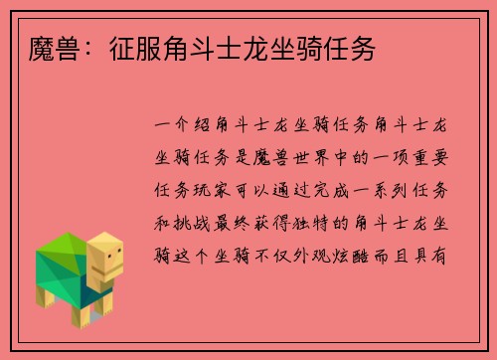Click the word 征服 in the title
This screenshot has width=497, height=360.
(128, 49)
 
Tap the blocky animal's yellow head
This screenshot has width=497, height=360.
(105, 256)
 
